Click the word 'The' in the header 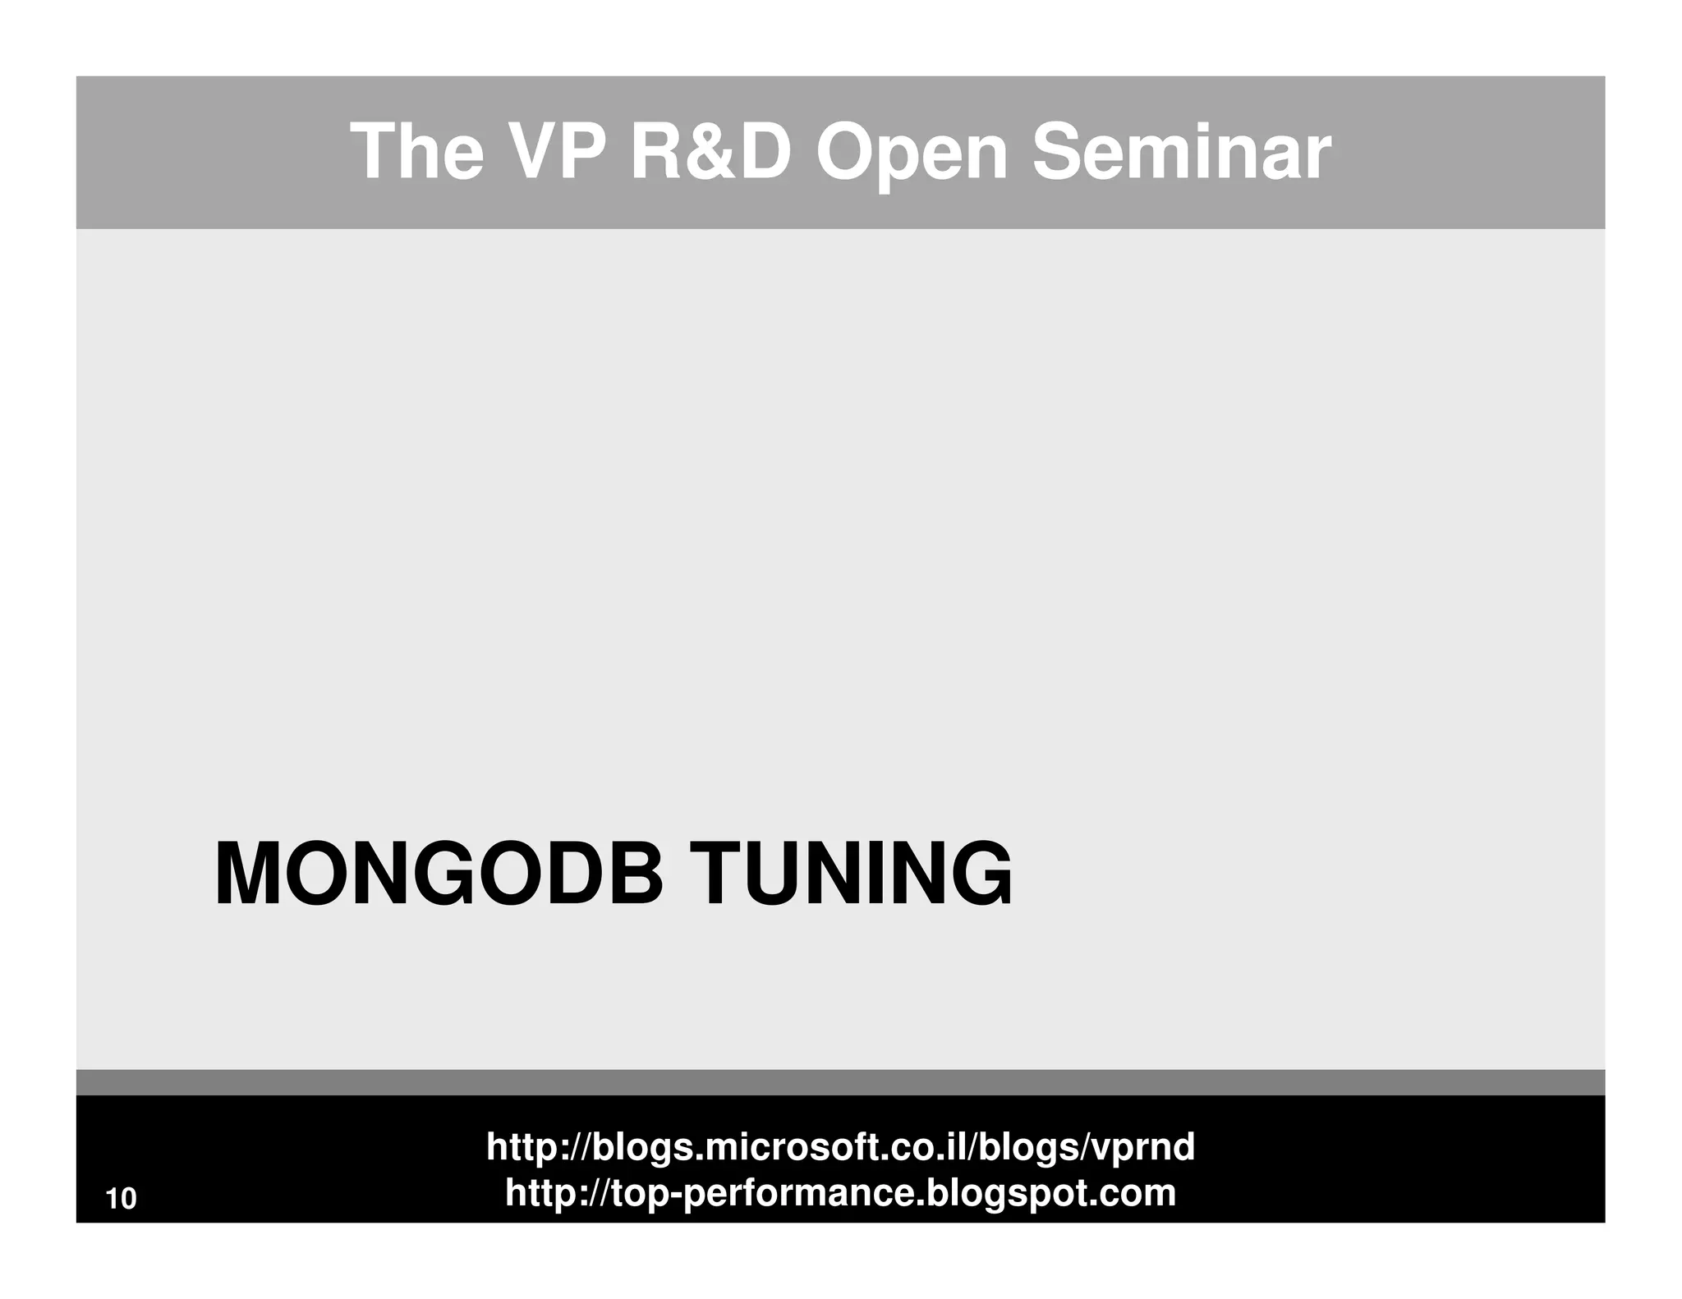coord(416,152)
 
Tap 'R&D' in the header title coord(710,152)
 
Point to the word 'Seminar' coord(1180,152)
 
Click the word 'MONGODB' coord(438,874)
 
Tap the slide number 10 coord(122,1199)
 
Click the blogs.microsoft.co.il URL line coord(840,1146)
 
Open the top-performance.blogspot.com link coord(840,1192)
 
